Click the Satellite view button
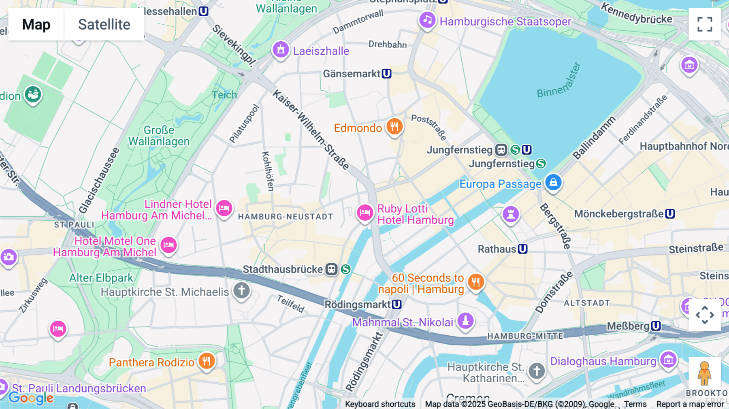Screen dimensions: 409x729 pos(104,24)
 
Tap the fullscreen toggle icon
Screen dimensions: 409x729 pos(705,24)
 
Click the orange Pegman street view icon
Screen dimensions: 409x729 pos(704,373)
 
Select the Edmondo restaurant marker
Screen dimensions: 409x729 pos(394,127)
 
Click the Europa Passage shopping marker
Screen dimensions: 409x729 pos(553,183)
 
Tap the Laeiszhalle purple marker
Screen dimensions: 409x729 pos(281,50)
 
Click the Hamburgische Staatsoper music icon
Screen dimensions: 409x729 pos(427,20)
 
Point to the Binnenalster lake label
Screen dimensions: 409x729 pos(559,81)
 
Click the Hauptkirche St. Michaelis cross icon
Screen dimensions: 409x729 pos(242,290)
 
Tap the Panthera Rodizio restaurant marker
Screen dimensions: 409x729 pos(207,360)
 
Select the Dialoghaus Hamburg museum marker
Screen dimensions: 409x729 pos(668,360)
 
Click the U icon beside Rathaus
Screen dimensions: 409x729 pos(522,249)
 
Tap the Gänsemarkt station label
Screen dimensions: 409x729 pos(352,74)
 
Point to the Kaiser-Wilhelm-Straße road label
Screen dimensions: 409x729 pos(311,130)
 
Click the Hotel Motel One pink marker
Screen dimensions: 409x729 pos(168,245)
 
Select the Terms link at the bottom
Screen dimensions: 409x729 pos(635,404)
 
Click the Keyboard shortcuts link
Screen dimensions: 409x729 pos(380,404)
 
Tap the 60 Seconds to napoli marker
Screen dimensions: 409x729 pos(476,281)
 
